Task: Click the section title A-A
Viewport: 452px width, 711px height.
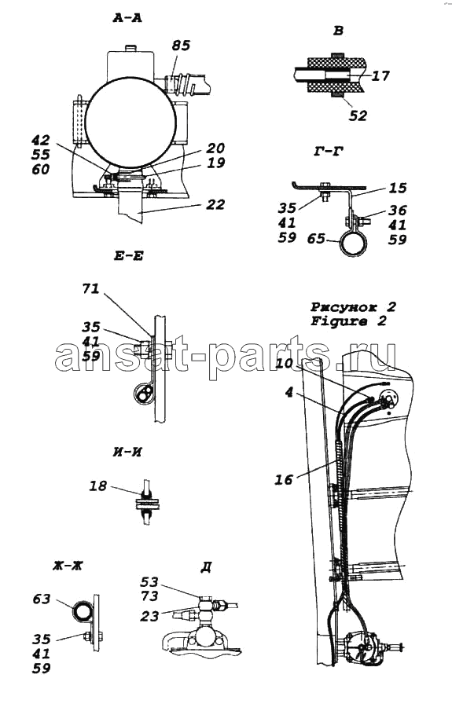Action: tap(127, 18)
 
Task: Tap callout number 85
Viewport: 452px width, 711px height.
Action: tap(181, 46)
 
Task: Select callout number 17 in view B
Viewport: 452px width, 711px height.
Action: tap(380, 75)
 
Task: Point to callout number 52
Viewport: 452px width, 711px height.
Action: tap(358, 115)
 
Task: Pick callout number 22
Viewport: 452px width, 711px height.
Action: tap(215, 204)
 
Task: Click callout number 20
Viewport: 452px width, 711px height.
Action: tap(215, 148)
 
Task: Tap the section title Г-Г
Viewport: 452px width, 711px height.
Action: tap(328, 152)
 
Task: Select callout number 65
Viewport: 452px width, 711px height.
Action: tap(316, 238)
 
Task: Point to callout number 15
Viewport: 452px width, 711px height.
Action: tap(398, 188)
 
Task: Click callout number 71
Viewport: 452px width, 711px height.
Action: tap(90, 288)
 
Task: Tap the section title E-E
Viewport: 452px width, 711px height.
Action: tap(128, 256)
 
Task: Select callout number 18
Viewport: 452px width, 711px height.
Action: tap(97, 486)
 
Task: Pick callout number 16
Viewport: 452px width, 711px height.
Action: tap(284, 479)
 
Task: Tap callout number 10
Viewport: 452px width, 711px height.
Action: tap(285, 363)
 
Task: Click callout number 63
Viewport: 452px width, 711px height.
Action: tap(42, 599)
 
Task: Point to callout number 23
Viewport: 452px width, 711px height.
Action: tap(149, 616)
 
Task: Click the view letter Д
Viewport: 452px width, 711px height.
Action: tap(206, 567)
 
